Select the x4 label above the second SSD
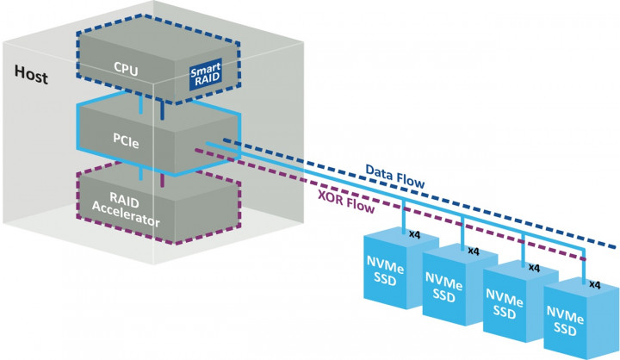pyautogui.click(x=473, y=251)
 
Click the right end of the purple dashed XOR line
pyautogui.click(x=584, y=258)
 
